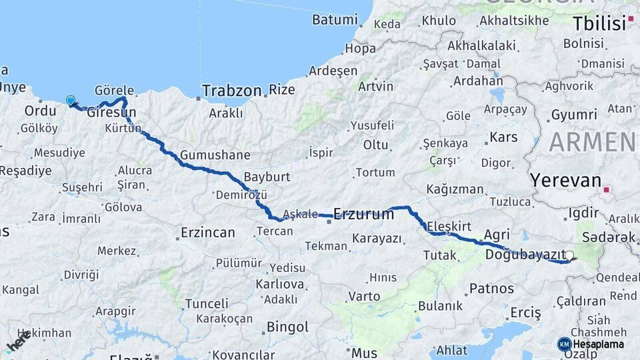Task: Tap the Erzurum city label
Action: tap(363, 214)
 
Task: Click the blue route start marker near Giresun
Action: tap(71, 101)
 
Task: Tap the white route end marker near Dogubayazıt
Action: tap(569, 255)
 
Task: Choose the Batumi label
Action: tap(335, 20)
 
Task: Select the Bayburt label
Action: tap(267, 177)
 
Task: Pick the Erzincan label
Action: tap(208, 233)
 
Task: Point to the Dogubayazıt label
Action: tap(524, 254)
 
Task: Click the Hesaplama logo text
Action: tap(598, 344)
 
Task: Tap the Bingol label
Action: tap(287, 327)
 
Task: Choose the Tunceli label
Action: tap(207, 303)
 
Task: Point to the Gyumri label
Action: tap(573, 115)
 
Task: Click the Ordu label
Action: tap(40, 111)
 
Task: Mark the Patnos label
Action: tap(491, 289)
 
